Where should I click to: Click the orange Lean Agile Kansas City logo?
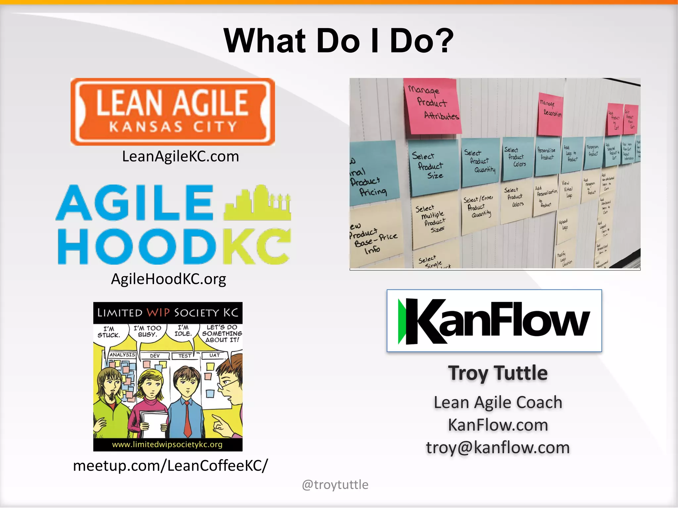[172, 112]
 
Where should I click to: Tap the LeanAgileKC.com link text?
[180, 156]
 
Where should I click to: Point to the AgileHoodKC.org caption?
[169, 279]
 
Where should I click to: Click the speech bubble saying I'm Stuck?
[109, 332]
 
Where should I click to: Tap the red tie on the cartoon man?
[187, 419]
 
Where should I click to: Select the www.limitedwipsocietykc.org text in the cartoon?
[167, 444]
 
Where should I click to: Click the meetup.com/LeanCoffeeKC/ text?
[170, 466]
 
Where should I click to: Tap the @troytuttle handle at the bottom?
[335, 485]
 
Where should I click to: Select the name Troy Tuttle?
[498, 373]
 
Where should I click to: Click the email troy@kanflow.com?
[498, 447]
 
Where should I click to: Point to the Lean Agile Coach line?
[498, 402]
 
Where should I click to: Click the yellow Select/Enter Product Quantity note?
[480, 208]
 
